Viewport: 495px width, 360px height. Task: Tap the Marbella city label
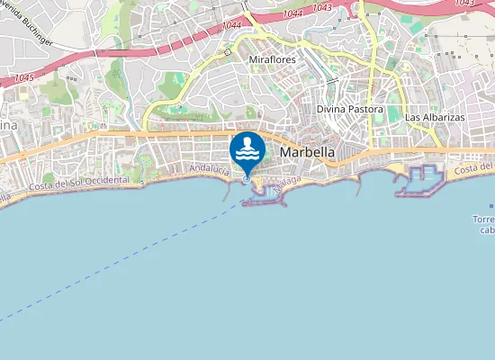[308, 153]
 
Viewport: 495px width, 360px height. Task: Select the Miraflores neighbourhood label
[272, 59]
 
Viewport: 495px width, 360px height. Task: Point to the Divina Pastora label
[349, 109]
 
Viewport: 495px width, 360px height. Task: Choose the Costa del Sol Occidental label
[79, 184]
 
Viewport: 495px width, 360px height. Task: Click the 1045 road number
[24, 78]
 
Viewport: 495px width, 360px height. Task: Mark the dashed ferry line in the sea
[117, 262]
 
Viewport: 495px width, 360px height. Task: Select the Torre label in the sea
[483, 220]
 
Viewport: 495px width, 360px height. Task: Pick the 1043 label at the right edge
[465, 3]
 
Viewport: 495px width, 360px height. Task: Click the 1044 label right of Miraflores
[292, 14]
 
